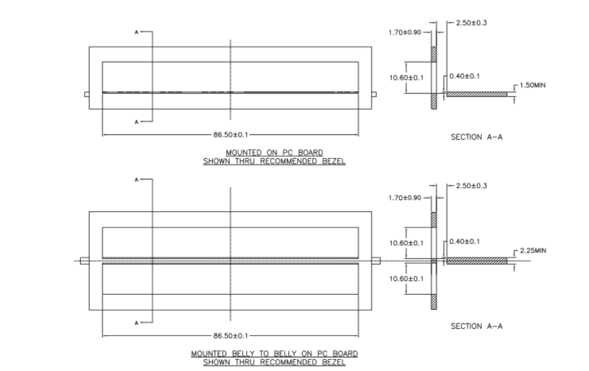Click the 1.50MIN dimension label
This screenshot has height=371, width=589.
533,85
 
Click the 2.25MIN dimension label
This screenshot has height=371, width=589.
533,250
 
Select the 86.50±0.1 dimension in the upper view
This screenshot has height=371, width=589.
231,134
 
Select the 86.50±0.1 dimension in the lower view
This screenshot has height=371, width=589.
231,336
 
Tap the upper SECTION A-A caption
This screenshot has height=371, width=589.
476,137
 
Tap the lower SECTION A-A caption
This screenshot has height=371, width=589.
476,327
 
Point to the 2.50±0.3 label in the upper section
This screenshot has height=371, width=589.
471,23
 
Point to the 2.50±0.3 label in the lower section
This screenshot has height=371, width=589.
471,186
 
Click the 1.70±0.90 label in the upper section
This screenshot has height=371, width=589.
405,32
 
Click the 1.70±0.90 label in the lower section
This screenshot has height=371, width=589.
405,198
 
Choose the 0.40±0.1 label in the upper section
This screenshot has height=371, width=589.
464,76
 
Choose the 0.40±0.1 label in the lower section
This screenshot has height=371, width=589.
464,241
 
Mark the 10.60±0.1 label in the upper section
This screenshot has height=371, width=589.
407,78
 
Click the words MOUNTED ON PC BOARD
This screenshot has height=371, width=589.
274,152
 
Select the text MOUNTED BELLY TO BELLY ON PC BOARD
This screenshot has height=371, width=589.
274,354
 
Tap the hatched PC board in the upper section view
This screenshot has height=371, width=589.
477,94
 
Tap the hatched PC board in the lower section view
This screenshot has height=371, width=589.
477,261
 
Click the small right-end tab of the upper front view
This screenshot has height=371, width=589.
374,95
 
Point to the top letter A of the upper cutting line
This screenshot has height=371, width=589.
136,32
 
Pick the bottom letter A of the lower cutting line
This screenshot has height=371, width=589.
136,323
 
